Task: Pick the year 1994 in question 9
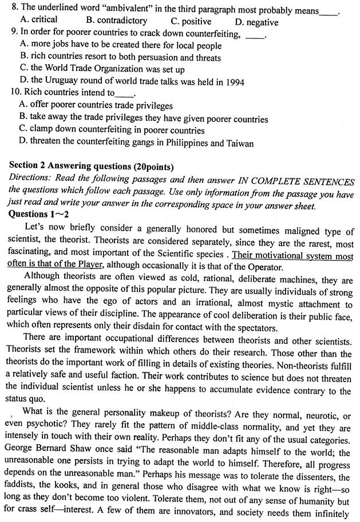(234, 82)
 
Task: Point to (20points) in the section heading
(153, 167)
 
